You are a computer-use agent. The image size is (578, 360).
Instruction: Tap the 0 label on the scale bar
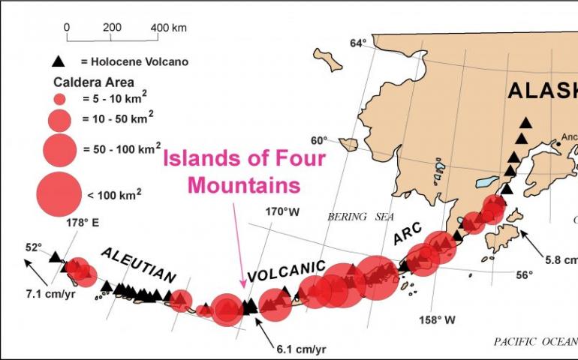tap(67, 27)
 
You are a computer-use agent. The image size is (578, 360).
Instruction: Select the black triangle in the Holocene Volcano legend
tap(59, 61)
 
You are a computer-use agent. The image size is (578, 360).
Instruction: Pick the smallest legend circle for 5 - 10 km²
tap(60, 98)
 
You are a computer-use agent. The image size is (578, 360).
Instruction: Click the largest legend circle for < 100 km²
tap(59, 194)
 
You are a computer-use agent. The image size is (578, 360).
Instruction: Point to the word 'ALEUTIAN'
tap(138, 265)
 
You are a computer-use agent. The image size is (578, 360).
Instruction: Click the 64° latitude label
tap(357, 43)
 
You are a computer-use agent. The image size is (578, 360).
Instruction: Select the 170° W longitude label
tap(282, 211)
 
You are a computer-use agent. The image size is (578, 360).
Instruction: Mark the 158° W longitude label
tap(438, 320)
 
